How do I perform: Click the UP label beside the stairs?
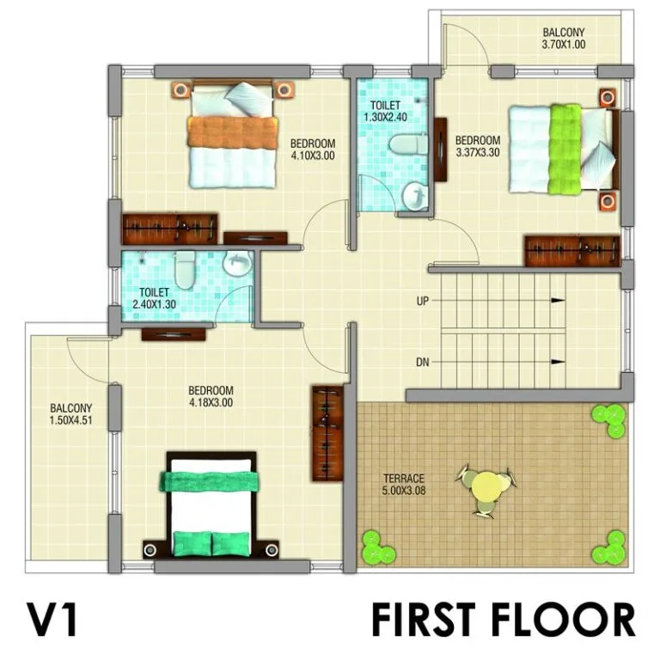coord(422,302)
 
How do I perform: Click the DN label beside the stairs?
coord(423,362)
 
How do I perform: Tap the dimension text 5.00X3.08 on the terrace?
coord(404,491)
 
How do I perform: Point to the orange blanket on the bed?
coord(233,132)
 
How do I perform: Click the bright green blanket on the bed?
coord(565,149)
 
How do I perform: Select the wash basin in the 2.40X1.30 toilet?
coord(237,263)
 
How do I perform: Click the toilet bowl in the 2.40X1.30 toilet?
coord(185,269)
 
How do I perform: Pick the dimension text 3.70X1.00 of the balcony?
coord(564,44)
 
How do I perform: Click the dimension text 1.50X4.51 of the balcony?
coord(70,419)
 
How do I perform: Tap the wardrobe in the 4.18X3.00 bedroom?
coord(327,433)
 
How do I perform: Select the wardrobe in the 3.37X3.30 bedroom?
coord(572,251)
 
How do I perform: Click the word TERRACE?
coord(404,479)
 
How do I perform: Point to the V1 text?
coord(52,620)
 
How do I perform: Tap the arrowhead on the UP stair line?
coord(558,301)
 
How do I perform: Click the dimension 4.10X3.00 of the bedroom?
coord(313,156)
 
